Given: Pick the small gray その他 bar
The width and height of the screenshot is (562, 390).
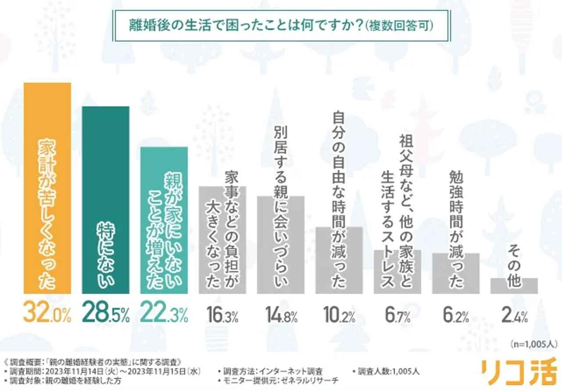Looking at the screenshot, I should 514,286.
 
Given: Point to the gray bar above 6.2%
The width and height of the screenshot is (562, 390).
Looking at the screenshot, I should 456,273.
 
